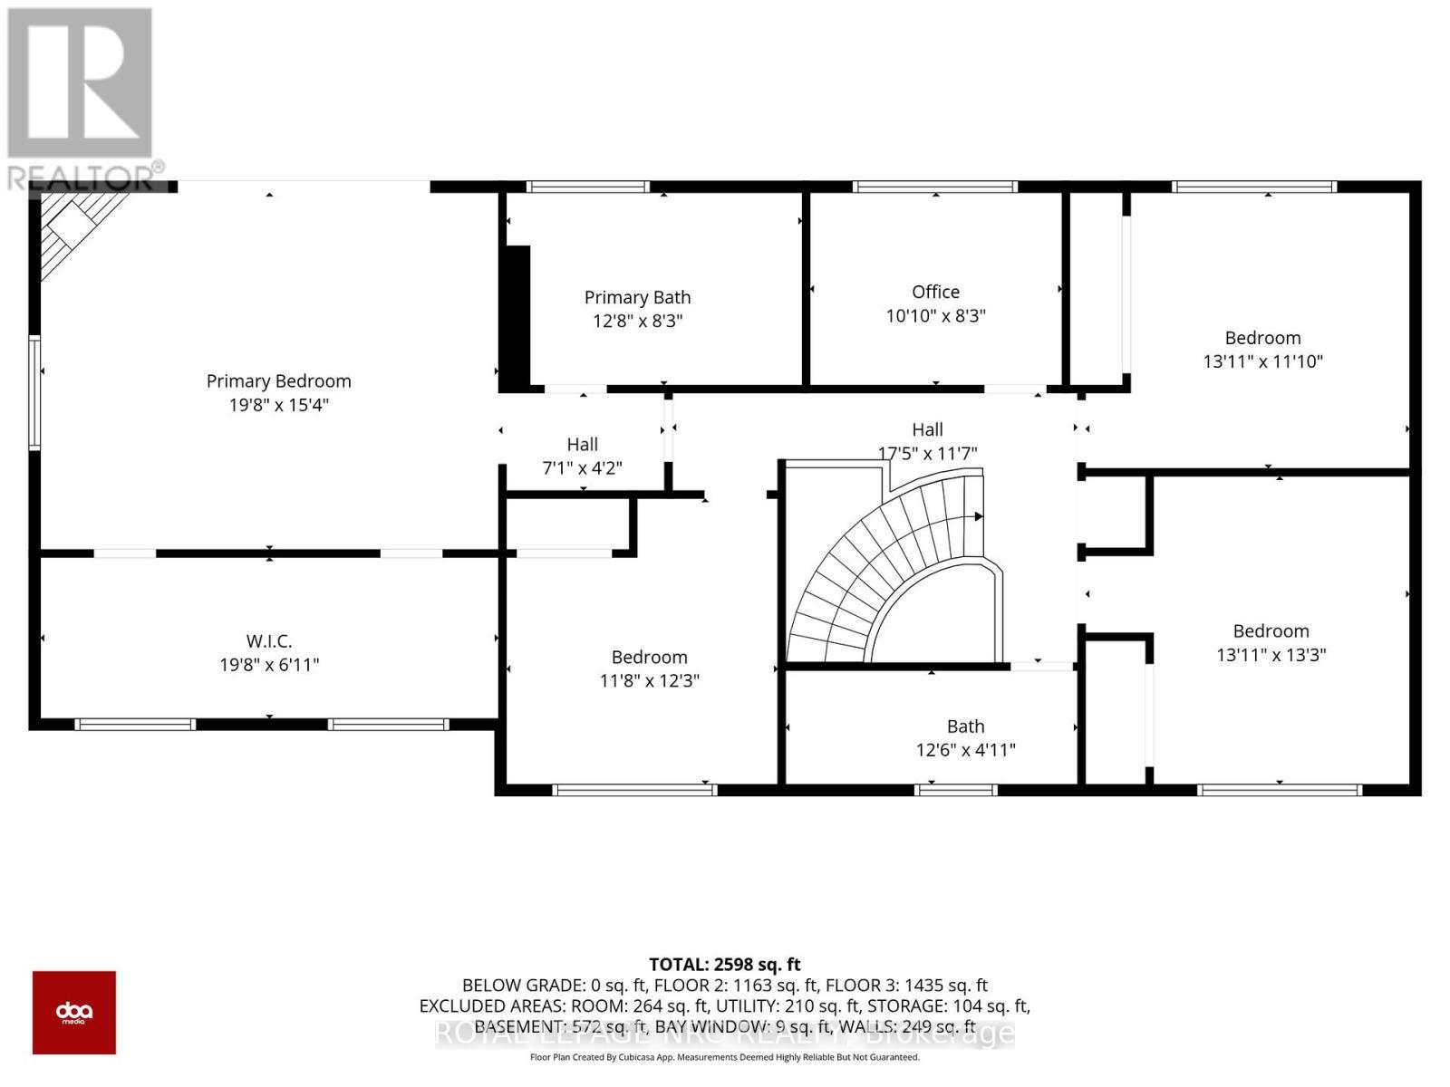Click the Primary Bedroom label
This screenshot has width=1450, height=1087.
(x=278, y=381)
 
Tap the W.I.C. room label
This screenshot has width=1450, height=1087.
(x=269, y=641)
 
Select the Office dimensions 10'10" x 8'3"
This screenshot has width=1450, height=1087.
(x=935, y=316)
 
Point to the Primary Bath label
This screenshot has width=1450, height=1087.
(x=637, y=298)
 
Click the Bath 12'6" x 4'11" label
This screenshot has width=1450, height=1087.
(x=965, y=738)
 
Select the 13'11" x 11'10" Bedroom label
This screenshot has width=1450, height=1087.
(x=1262, y=350)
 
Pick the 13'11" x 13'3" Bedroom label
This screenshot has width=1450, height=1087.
(x=1271, y=643)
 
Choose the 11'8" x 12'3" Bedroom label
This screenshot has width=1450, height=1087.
(x=649, y=669)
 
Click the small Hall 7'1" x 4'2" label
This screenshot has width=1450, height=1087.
(x=582, y=456)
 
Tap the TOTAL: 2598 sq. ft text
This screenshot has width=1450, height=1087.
(x=724, y=965)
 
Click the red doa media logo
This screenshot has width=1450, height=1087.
(x=74, y=1012)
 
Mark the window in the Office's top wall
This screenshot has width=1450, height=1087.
(x=935, y=188)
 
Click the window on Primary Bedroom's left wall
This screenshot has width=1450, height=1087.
(x=34, y=392)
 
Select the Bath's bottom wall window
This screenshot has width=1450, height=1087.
(x=956, y=790)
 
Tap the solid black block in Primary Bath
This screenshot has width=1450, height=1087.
(x=516, y=317)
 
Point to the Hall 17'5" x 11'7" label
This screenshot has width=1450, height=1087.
(x=927, y=441)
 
